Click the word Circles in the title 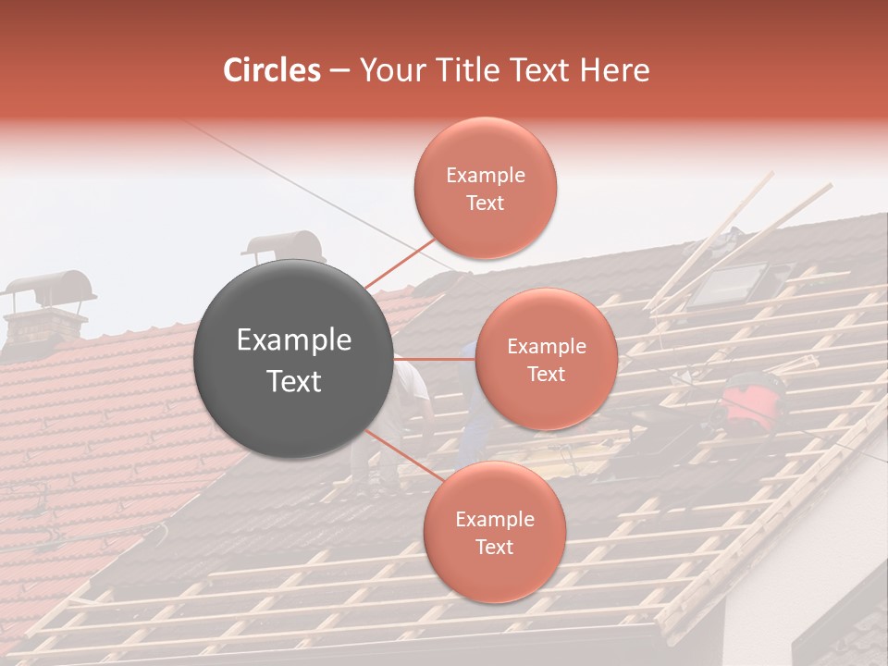point(271,70)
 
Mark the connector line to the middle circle point(435,359)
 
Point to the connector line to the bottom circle point(398,453)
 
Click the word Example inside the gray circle point(294,340)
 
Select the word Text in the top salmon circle point(485,203)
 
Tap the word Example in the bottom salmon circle point(494,520)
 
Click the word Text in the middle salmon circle point(546,374)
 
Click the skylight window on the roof point(730,283)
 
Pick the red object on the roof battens point(750,403)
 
